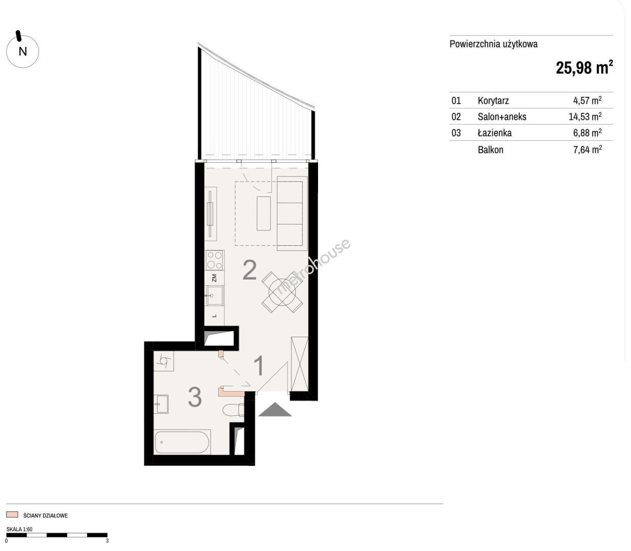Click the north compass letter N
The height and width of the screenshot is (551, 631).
point(23,51)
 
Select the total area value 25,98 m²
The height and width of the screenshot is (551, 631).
point(584,68)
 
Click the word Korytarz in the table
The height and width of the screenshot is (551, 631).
point(493,101)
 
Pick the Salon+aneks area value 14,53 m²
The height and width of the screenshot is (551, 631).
point(585,116)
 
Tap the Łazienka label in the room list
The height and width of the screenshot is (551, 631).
point(495,133)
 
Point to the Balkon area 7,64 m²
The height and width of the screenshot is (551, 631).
point(588,149)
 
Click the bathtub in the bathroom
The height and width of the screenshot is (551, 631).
point(182,442)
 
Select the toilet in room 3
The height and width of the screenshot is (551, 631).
point(233,410)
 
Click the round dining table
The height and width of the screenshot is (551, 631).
point(282,292)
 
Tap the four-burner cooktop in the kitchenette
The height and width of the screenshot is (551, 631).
point(215,260)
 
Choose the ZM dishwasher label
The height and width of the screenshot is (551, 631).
point(214,278)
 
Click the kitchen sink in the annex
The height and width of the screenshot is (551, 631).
point(215,295)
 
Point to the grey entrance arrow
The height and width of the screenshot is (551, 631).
point(275,409)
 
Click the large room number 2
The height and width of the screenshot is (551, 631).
point(250,270)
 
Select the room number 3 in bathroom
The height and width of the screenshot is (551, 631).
point(195,397)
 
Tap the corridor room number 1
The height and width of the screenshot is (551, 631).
point(259,366)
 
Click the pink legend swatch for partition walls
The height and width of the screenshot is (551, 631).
point(12,515)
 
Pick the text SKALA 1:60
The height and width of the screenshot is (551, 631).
point(19,529)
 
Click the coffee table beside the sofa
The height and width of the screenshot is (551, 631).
point(264,213)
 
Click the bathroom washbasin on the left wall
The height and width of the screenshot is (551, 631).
point(162,404)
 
